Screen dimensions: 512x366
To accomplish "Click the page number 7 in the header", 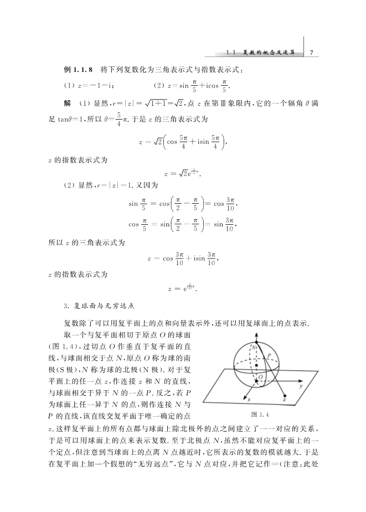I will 312,53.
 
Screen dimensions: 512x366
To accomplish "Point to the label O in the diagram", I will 261,377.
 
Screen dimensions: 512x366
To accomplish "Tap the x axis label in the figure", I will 249,399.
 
